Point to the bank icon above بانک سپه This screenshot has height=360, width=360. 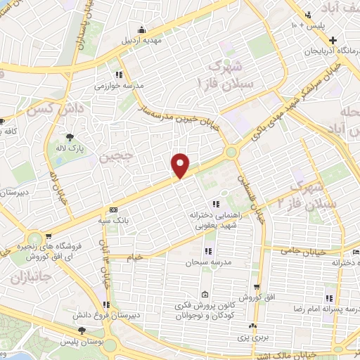[x=112, y=210]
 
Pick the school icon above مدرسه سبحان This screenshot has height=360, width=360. [x=209, y=251]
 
